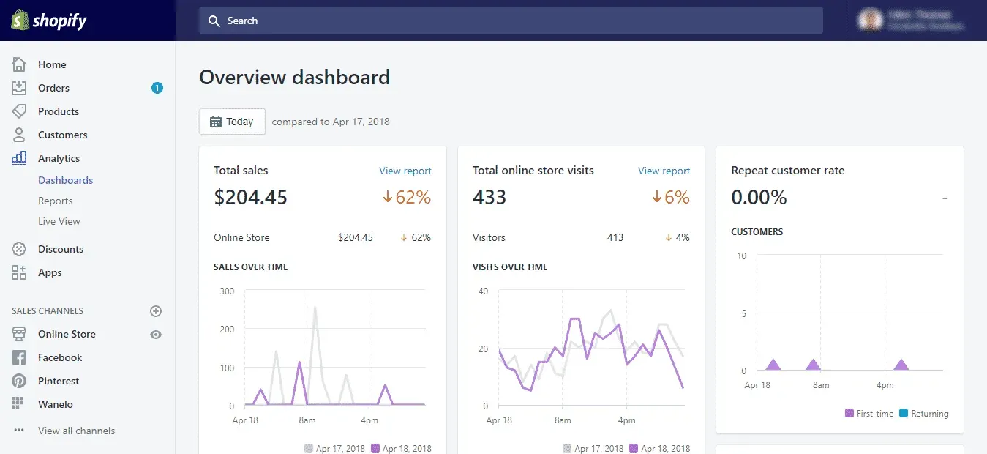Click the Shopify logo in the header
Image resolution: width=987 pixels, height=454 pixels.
(x=49, y=21)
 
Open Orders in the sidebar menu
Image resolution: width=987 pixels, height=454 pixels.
(x=53, y=88)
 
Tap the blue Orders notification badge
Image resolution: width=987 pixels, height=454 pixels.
(x=157, y=88)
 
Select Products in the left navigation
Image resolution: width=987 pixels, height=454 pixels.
(x=58, y=111)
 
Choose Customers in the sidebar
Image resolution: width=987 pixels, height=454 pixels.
(x=62, y=135)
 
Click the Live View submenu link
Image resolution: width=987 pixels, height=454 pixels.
(x=59, y=221)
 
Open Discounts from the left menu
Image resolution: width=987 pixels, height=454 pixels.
(x=60, y=249)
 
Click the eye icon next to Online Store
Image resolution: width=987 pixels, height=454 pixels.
(x=156, y=335)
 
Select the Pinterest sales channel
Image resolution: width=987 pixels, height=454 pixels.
(x=59, y=381)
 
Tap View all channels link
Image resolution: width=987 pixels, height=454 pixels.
(x=76, y=431)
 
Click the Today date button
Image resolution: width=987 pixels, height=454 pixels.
(x=232, y=122)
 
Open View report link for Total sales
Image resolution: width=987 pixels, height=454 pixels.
(x=405, y=171)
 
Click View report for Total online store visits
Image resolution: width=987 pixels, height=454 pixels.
(x=664, y=171)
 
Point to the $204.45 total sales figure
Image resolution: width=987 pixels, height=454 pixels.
(x=250, y=197)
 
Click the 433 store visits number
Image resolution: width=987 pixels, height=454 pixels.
(x=489, y=197)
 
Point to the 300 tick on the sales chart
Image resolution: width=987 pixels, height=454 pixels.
(x=227, y=291)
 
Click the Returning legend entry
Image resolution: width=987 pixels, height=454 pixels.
(x=924, y=414)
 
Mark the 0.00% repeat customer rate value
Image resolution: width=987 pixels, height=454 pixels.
(x=759, y=197)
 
